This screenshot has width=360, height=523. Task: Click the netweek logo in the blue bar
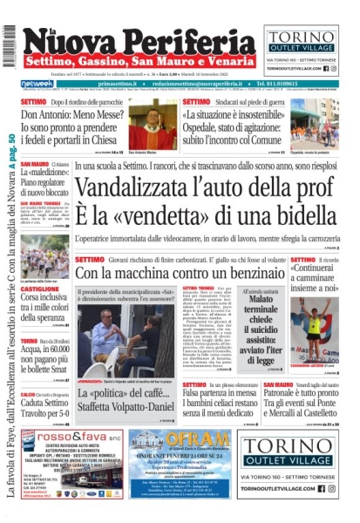click(36, 84)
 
